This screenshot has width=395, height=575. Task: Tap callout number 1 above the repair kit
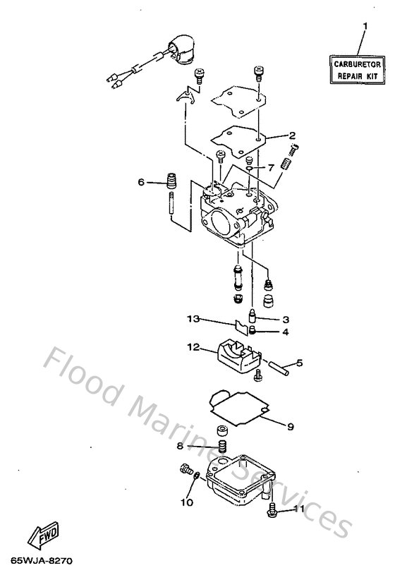(x=364, y=26)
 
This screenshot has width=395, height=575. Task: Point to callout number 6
(x=141, y=182)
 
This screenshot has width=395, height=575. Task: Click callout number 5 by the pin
(x=299, y=363)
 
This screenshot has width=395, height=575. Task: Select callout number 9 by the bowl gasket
(x=291, y=427)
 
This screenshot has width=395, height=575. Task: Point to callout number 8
(x=181, y=447)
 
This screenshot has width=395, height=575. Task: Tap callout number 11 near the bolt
(x=299, y=509)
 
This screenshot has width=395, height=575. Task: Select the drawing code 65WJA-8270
(x=42, y=562)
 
